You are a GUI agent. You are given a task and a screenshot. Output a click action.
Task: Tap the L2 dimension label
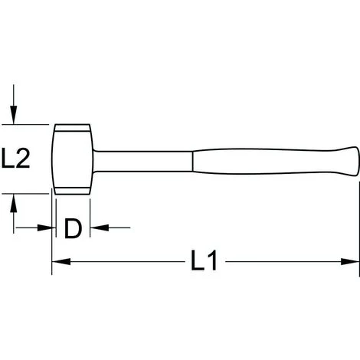click(x=15, y=159)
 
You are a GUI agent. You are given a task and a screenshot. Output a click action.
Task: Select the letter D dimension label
click(x=72, y=228)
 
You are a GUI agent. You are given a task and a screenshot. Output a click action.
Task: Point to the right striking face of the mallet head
click(x=89, y=158)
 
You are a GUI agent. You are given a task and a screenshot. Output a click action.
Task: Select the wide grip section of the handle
click(x=268, y=159)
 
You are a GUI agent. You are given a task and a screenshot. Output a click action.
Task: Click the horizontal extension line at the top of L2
click(x=31, y=123)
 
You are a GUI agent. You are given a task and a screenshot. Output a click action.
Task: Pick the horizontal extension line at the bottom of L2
click(x=31, y=194)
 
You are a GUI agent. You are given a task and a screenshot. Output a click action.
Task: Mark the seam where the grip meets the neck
click(x=193, y=159)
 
